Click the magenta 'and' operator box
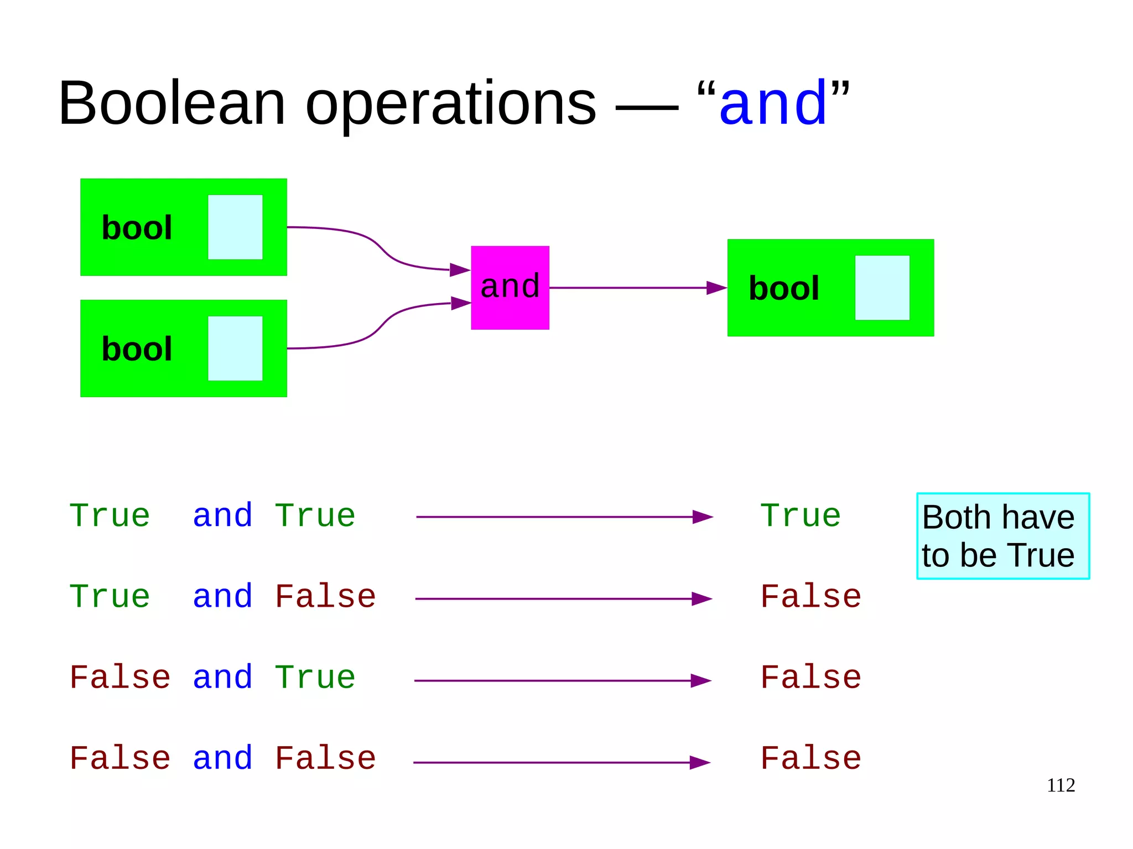pos(510,288)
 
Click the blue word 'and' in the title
pos(773,103)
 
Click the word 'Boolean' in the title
pos(172,103)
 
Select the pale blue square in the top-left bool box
pos(235,227)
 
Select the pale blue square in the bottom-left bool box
pos(235,348)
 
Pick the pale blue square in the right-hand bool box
pos(882,288)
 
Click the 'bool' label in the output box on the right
pos(783,288)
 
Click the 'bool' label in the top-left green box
pos(137,228)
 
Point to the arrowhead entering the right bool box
pos(716,288)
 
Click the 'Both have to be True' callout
pos(1002,536)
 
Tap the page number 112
pos(1061,785)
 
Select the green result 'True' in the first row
pos(800,516)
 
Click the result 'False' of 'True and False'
pos(810,597)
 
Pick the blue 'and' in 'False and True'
pos(222,678)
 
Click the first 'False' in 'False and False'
pos(120,758)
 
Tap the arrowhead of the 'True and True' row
pos(703,517)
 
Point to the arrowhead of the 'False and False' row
pos(700,763)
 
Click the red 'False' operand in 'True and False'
pos(325,597)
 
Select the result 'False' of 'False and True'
pos(810,678)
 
